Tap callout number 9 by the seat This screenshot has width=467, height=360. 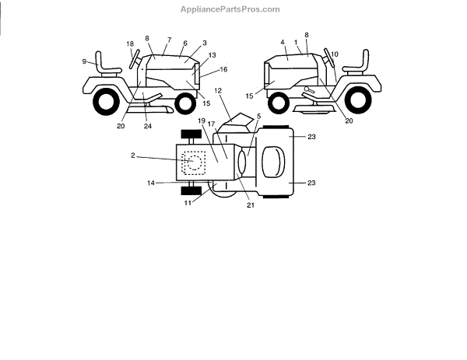(84, 61)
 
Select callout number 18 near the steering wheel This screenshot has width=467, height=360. (130, 44)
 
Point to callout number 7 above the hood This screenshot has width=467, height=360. (167, 40)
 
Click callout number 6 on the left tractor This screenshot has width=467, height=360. (184, 44)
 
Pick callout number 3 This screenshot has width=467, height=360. (203, 44)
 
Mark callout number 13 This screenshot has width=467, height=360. (212, 56)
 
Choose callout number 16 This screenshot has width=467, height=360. (224, 70)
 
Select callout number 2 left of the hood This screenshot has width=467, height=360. (132, 156)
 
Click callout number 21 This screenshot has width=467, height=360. (251, 206)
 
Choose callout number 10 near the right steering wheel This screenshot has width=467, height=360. (335, 54)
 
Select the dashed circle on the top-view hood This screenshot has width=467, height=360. (195, 161)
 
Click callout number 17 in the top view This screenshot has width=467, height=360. (232, 124)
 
